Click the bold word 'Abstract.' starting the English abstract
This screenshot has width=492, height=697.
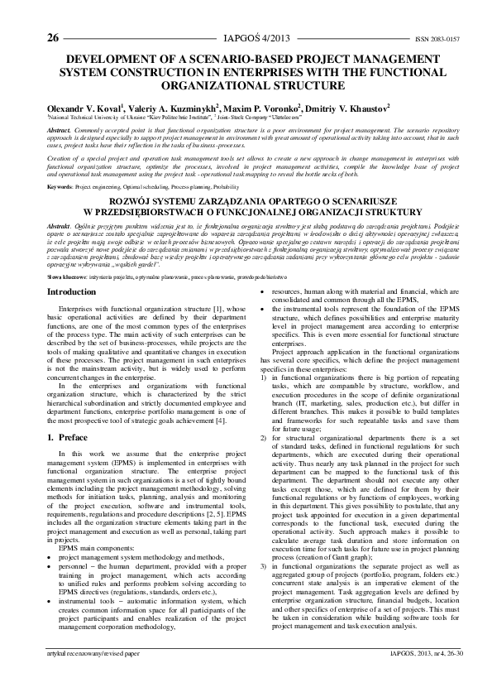[x=59, y=131]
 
